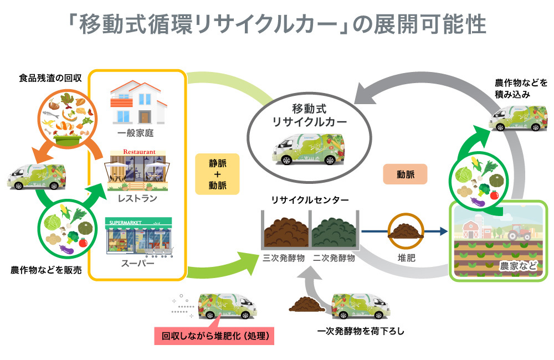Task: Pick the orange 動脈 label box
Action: point(405,174)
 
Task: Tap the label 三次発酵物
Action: point(283,258)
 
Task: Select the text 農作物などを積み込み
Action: point(521,88)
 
